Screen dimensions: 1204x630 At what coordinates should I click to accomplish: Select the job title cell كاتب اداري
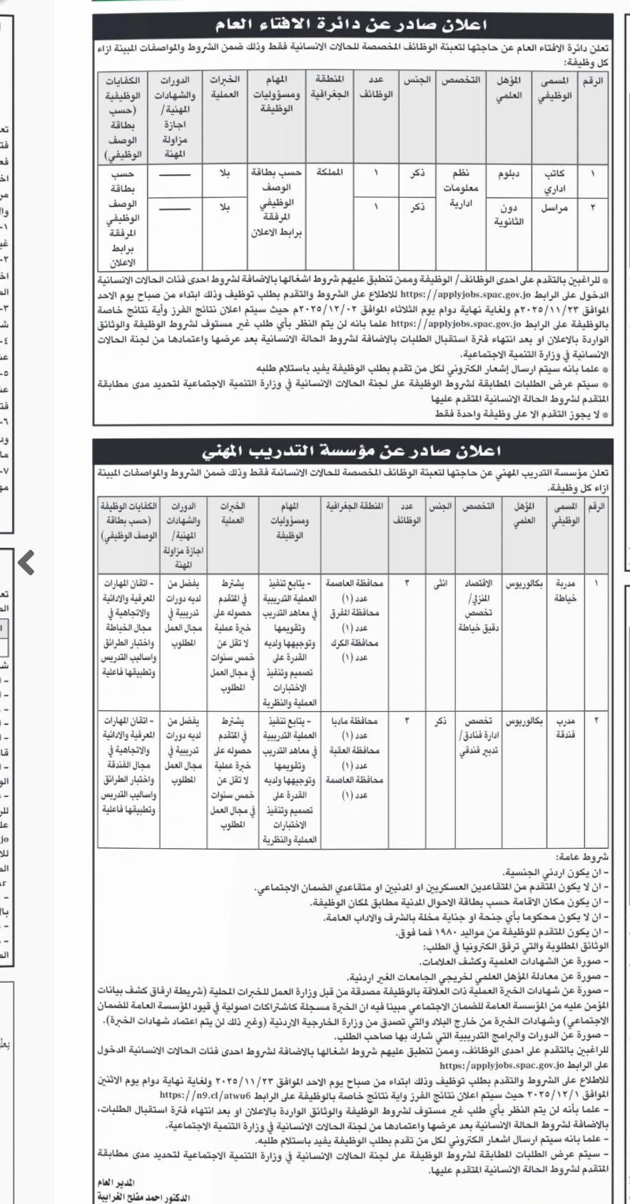tap(555, 182)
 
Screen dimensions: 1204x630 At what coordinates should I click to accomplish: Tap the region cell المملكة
tap(328, 173)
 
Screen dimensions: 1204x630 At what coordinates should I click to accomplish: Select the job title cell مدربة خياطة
tap(565, 589)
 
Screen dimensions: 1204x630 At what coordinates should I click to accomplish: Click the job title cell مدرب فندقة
tap(565, 728)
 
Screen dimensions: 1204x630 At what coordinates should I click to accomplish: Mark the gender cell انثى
tap(442, 583)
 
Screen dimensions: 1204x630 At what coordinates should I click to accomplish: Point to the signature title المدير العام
tap(115, 1181)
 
